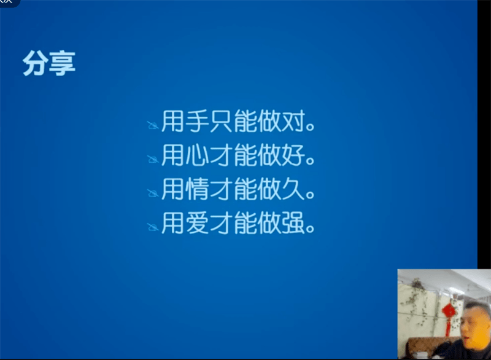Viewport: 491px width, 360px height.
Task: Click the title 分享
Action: (49, 63)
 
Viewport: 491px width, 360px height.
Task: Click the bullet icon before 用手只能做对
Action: (152, 125)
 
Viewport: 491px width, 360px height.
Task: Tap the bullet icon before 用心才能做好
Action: (152, 159)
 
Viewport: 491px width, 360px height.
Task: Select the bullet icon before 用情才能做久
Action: (152, 194)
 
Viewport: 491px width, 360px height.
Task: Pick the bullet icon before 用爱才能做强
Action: (152, 228)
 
